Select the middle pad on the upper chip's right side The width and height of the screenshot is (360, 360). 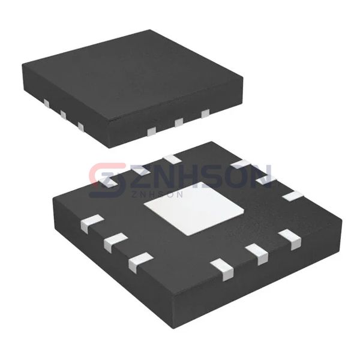coord(178,122)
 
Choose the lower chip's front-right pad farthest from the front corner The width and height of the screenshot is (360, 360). coord(292,238)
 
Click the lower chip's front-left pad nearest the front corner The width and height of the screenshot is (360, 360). coord(140,260)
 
